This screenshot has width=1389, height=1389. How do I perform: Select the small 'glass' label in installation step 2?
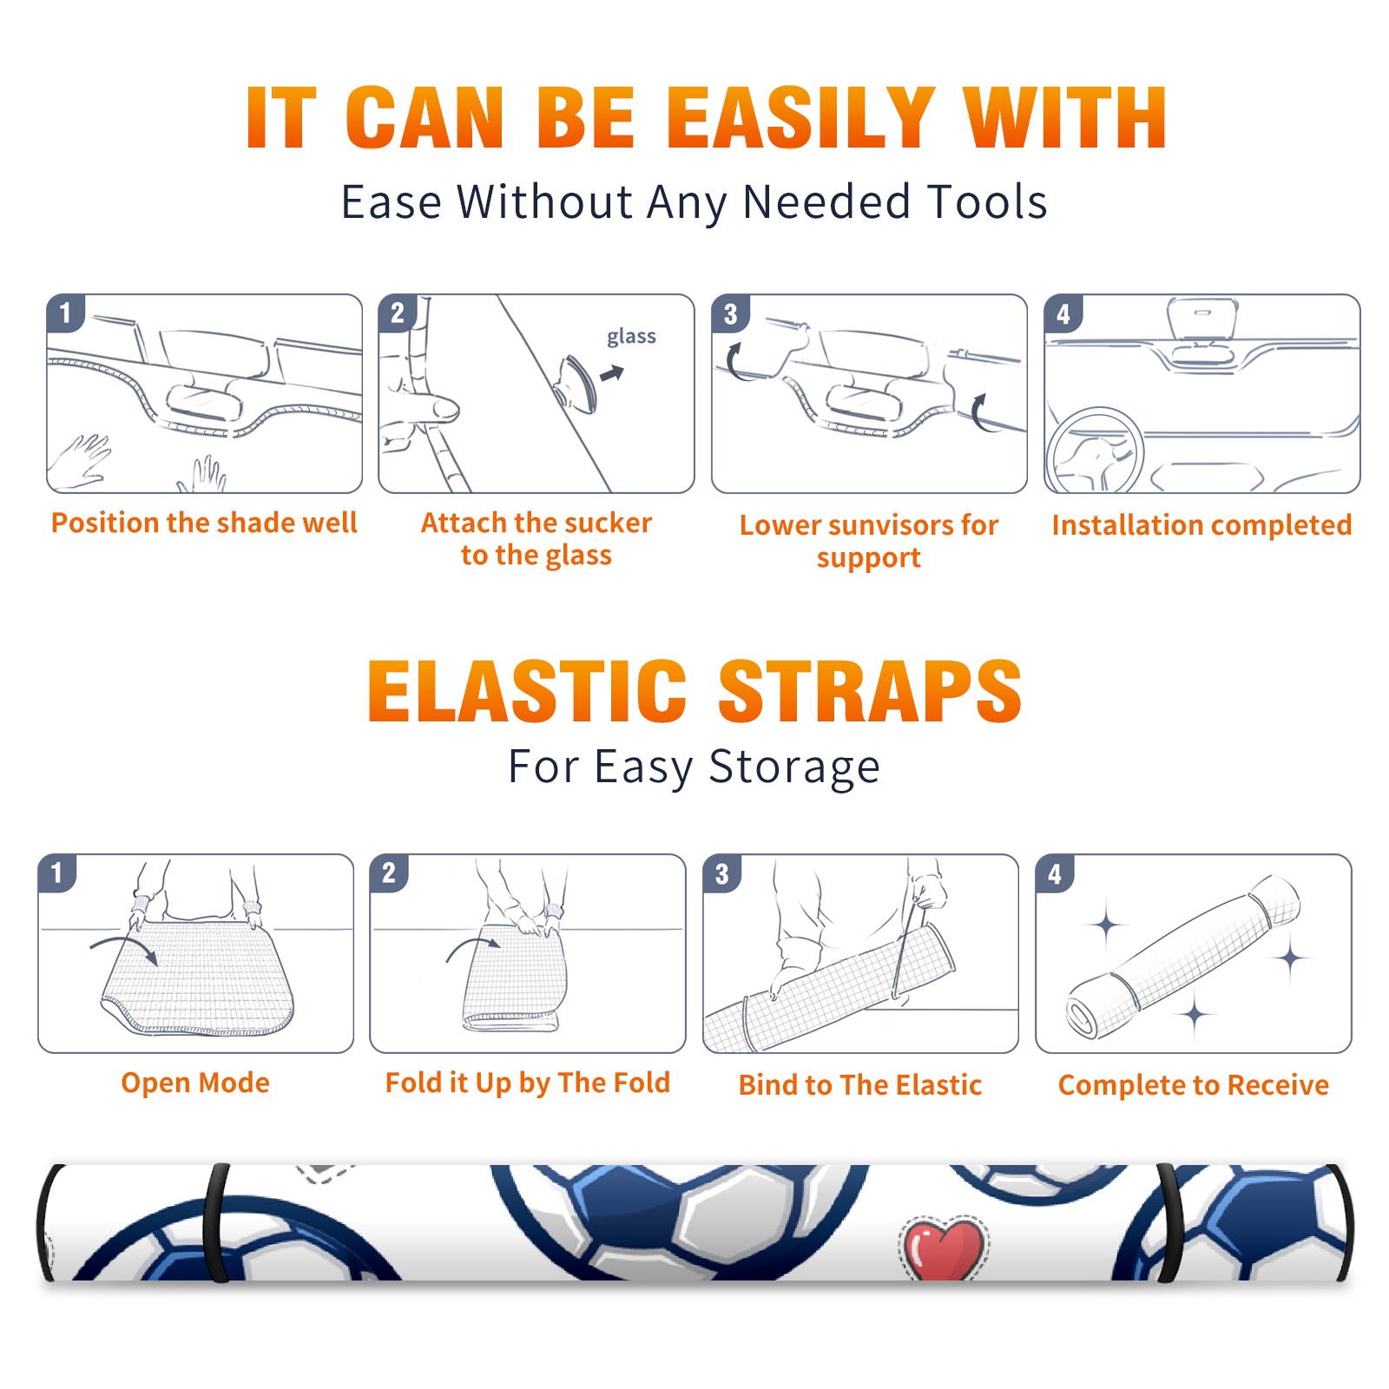(x=631, y=337)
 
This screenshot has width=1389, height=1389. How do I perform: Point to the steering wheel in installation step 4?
(x=1096, y=451)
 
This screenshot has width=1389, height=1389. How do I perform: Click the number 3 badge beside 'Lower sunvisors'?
(x=730, y=313)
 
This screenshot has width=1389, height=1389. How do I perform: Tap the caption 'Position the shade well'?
(x=204, y=523)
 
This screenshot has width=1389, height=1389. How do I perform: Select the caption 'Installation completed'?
(x=1201, y=524)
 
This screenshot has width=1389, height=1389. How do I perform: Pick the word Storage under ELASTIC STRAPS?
(x=794, y=767)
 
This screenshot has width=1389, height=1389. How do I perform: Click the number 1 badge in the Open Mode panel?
(x=57, y=872)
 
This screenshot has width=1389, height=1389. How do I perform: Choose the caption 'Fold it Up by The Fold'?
(x=528, y=1083)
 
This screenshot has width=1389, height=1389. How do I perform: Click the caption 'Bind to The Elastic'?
(x=860, y=1085)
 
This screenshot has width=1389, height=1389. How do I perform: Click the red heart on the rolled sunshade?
(x=942, y=1247)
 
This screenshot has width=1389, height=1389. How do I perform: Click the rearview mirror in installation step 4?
(x=1202, y=319)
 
